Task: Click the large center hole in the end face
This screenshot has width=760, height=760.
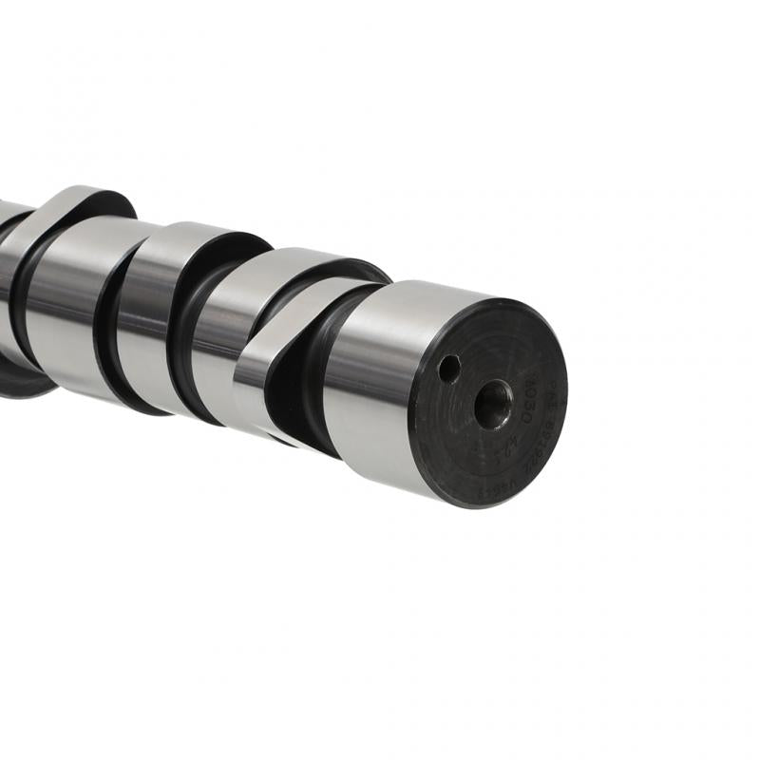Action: [493, 404]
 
